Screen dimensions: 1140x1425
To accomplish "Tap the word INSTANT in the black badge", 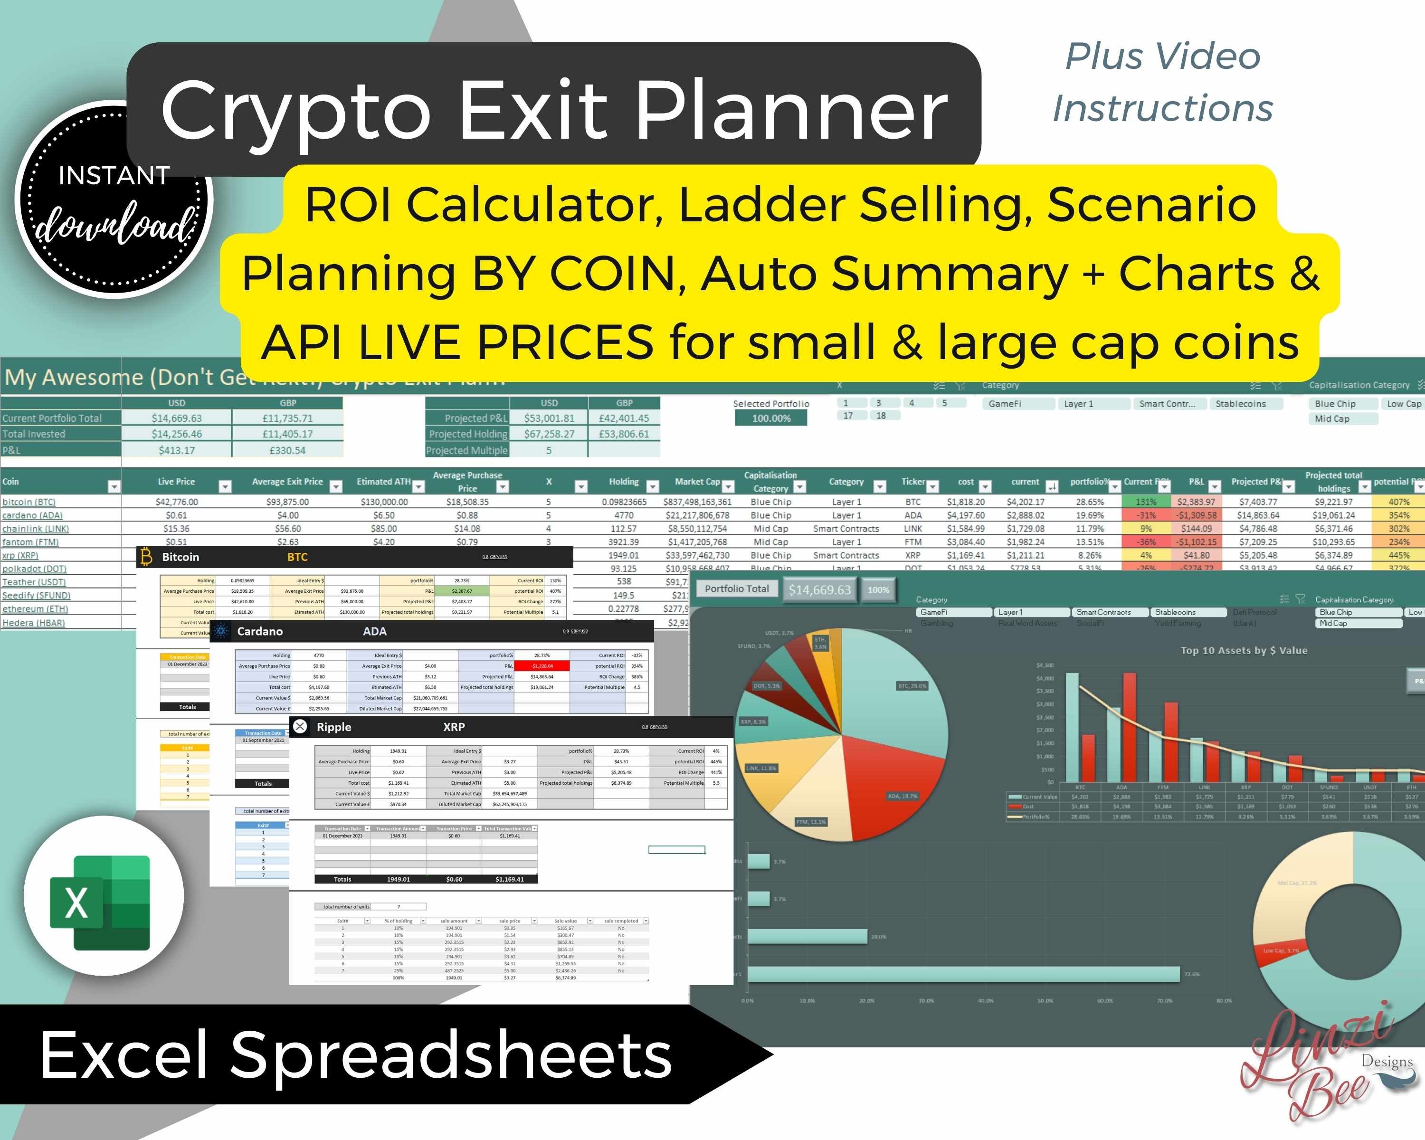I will click(114, 176).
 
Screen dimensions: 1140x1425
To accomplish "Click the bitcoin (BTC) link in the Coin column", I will click(29, 502).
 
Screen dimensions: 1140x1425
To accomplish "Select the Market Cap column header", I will click(697, 482).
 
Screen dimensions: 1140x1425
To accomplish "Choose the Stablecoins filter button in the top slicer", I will click(1241, 404).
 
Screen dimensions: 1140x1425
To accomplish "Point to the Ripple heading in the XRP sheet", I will click(334, 727).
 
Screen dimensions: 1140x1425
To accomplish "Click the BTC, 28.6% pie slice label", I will click(912, 686).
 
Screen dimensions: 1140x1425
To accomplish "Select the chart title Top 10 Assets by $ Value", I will click(1244, 650).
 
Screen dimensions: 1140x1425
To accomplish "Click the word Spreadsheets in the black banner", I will click(451, 1055).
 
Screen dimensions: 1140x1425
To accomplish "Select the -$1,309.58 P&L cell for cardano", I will click(1197, 515).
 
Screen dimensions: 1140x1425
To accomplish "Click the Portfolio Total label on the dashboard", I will click(736, 589).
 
